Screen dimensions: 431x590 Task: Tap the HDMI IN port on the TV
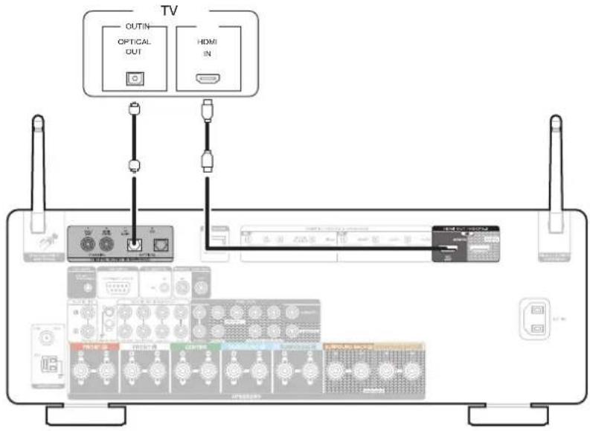click(x=205, y=78)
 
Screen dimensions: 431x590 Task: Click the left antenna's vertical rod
click(x=36, y=164)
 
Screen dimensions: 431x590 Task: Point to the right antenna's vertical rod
click(x=554, y=164)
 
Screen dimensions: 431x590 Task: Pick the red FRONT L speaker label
click(x=93, y=346)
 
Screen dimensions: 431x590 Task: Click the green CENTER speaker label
click(x=196, y=346)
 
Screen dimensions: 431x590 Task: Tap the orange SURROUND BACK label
click(x=350, y=346)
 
